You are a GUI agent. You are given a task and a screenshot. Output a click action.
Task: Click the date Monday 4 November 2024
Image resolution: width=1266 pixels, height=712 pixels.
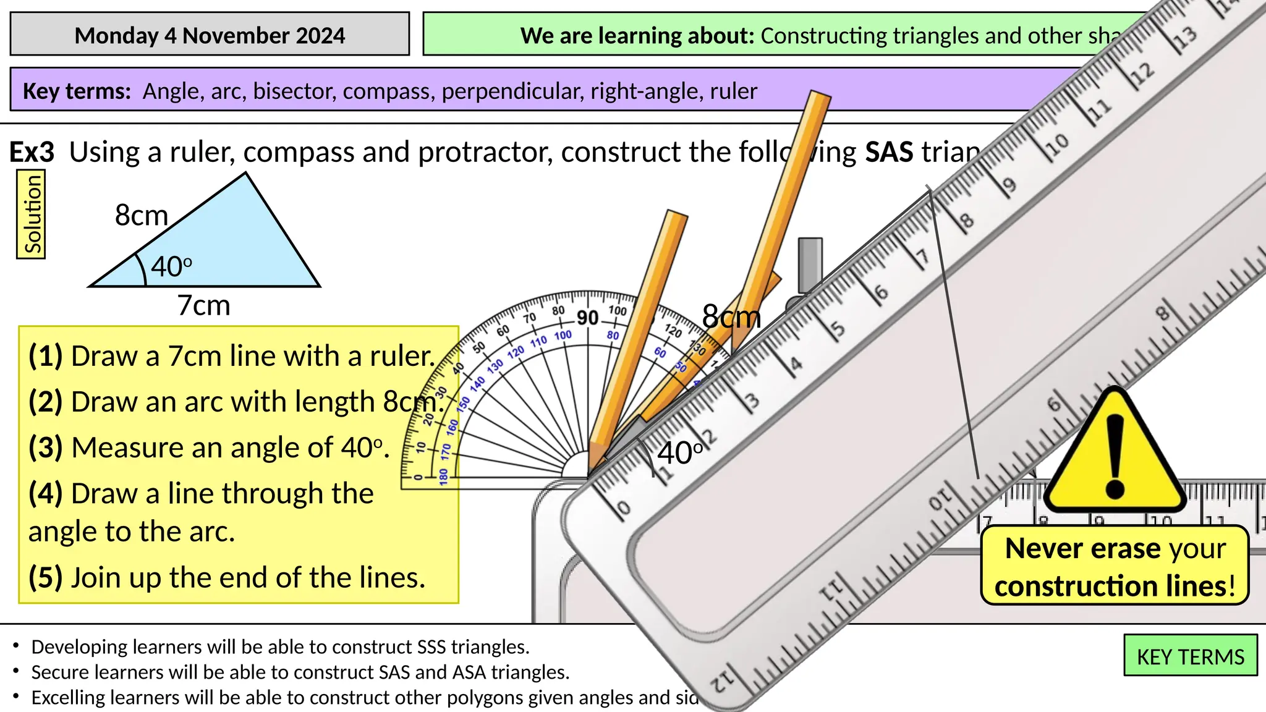click(210, 35)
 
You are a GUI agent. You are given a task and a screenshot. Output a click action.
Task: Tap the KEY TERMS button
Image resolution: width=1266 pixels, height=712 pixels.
click(1190, 656)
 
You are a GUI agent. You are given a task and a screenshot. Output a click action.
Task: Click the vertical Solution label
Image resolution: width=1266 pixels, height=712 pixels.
click(32, 214)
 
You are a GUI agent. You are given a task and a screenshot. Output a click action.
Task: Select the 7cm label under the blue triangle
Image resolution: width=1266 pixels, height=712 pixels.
click(203, 305)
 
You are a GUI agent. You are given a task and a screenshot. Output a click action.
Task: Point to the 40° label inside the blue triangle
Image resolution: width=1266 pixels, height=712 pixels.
click(171, 266)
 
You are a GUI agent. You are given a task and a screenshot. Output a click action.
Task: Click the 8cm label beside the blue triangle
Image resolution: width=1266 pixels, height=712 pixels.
click(142, 216)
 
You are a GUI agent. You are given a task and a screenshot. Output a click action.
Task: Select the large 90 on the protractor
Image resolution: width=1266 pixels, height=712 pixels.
click(587, 318)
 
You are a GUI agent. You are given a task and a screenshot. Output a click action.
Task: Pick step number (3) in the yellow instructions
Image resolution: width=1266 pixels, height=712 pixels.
click(46, 447)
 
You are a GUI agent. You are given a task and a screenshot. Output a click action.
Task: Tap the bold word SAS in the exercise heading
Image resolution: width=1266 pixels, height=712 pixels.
click(889, 152)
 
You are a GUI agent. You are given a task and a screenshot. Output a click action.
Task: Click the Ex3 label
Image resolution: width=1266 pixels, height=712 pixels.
click(32, 152)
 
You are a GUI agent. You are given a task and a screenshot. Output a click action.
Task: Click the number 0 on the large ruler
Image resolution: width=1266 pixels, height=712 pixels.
click(623, 508)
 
